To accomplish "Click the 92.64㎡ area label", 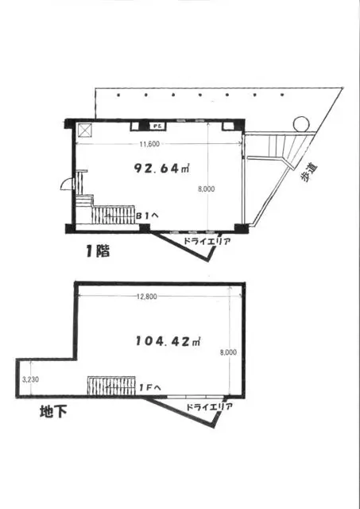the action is point(161,168).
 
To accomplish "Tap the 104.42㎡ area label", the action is point(168,341).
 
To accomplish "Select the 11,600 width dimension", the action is point(149,144).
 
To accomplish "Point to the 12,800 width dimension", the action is point(146,297).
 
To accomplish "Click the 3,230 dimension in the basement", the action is point(30,379).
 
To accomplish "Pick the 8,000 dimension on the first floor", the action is point(207,188).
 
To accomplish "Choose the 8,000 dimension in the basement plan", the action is point(228,352).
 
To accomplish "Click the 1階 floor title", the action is point(98,251).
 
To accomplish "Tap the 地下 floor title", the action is point(53,412).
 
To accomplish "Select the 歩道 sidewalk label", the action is point(308,173).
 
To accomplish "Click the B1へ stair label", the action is point(147,216).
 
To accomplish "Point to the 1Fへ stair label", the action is point(150,387).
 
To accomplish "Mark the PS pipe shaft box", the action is point(157,126).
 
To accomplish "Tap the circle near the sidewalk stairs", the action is point(300,124).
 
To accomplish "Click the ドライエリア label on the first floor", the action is point(207,242).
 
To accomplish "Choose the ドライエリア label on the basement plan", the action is point(209,407).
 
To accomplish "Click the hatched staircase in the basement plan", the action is point(111,386).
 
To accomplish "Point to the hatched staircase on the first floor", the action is point(113,215).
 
